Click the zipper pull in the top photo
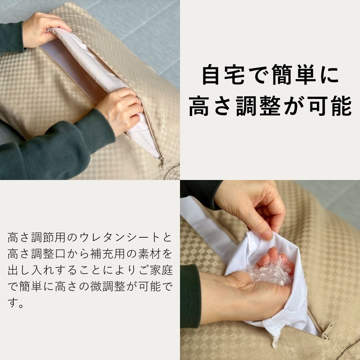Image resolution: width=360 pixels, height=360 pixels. click(x=162, y=163)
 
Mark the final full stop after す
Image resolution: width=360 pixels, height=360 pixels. click(x=21, y=305)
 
